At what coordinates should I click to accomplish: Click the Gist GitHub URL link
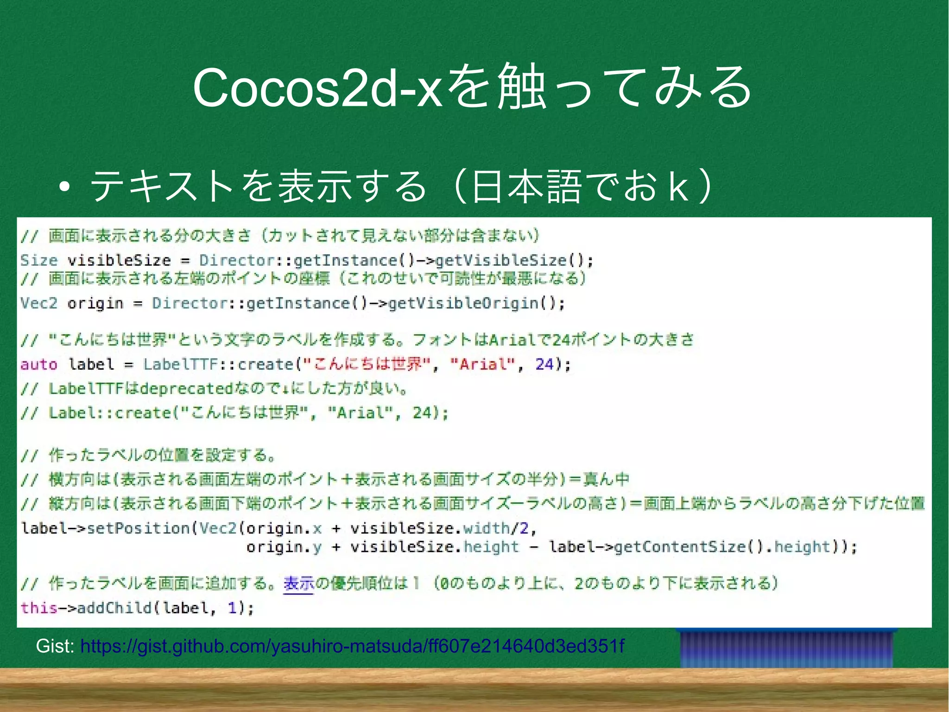pos(352,646)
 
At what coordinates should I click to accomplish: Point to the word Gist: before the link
pos(55,646)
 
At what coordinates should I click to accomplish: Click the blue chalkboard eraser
pos(786,648)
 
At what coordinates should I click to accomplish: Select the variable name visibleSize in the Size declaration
pos(119,260)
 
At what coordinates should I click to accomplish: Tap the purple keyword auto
pos(39,365)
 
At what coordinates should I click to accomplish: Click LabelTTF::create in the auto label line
pos(218,365)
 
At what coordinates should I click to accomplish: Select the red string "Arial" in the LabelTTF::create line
pos(482,365)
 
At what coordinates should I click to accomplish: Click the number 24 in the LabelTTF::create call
pos(544,365)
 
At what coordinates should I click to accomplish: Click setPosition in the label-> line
pos(138,528)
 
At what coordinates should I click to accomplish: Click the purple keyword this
pos(39,608)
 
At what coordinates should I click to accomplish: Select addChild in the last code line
pos(114,608)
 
